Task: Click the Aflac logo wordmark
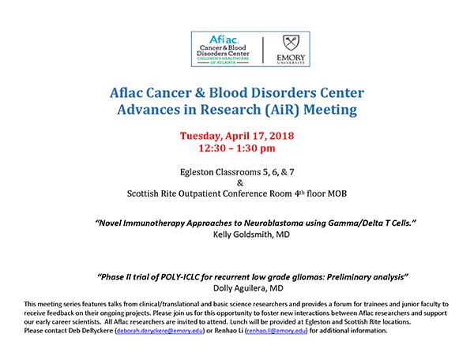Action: pyautogui.click(x=224, y=39)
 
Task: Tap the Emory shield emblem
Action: pyautogui.click(x=291, y=43)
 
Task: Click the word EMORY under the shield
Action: pyautogui.click(x=291, y=58)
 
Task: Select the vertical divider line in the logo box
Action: pyautogui.click(x=263, y=50)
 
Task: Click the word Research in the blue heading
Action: pyautogui.click(x=231, y=109)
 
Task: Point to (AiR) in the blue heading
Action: pyautogui.click(x=282, y=110)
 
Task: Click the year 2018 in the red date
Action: pyautogui.click(x=281, y=136)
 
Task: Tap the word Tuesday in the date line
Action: pyautogui.click(x=201, y=136)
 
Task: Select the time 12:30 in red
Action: pyautogui.click(x=212, y=148)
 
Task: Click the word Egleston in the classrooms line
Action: pyautogui.click(x=197, y=172)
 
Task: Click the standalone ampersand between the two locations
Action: pyautogui.click(x=240, y=183)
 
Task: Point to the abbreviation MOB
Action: pyautogui.click(x=337, y=193)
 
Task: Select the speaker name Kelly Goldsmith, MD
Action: pyautogui.click(x=251, y=234)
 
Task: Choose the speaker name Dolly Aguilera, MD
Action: pyautogui.click(x=248, y=288)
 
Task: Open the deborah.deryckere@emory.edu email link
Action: pyautogui.click(x=160, y=331)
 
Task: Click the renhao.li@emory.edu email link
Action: pyautogui.click(x=276, y=331)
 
